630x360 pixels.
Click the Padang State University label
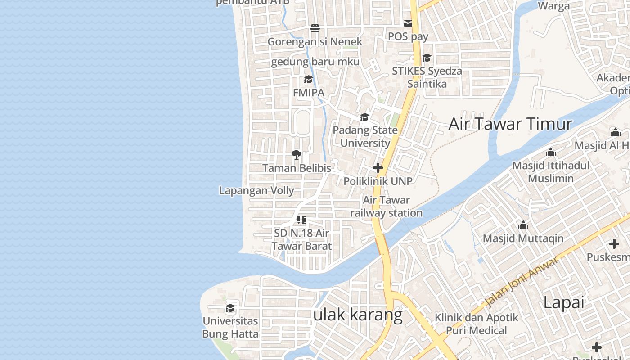(x=365, y=137)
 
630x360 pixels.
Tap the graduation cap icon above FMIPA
(x=308, y=80)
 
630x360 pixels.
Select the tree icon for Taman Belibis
(x=296, y=155)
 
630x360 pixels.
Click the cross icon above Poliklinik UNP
(x=378, y=168)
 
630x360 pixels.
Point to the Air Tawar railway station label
(x=386, y=207)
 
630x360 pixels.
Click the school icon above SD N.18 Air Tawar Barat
(x=301, y=220)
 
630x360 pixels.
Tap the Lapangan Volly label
(x=256, y=190)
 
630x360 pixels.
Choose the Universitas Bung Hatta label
(x=230, y=327)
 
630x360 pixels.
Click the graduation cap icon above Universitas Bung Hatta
(x=230, y=308)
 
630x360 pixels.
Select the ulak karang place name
(x=358, y=315)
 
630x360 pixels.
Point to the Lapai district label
(x=563, y=302)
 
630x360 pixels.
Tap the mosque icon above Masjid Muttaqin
(x=523, y=225)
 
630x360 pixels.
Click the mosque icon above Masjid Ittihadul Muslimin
(x=550, y=152)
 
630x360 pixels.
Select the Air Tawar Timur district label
(x=510, y=124)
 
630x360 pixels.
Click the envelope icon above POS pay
(x=408, y=23)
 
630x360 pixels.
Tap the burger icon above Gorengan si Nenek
(x=315, y=28)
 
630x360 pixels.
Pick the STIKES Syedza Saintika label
(x=427, y=77)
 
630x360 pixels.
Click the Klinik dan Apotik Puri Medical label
(x=476, y=324)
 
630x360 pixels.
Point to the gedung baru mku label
(x=315, y=62)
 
